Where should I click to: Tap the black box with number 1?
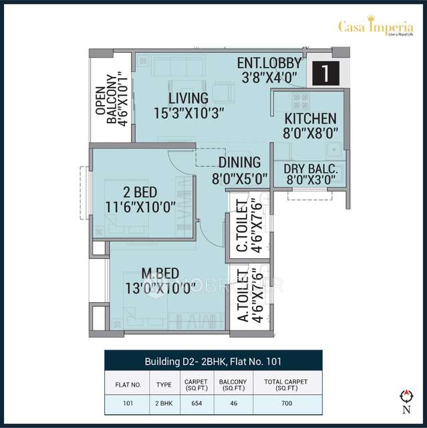click(x=325, y=73)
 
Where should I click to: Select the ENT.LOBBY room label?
click(x=269, y=70)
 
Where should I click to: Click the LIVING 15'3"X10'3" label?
click(x=188, y=105)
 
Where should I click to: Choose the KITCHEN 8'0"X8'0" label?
click(x=307, y=125)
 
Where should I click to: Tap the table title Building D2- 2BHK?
click(x=213, y=361)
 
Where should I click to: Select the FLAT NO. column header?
click(x=128, y=385)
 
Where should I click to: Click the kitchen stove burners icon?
click(x=301, y=101)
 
